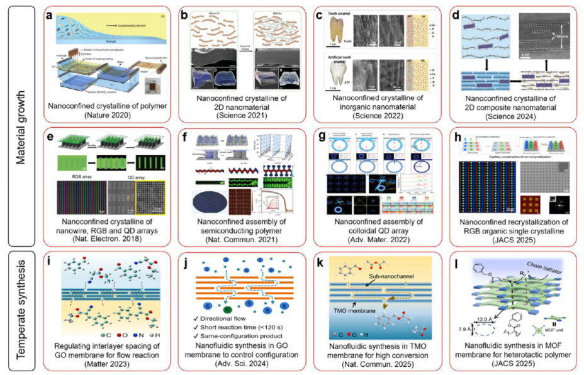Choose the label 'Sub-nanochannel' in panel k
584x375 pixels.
361,274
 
